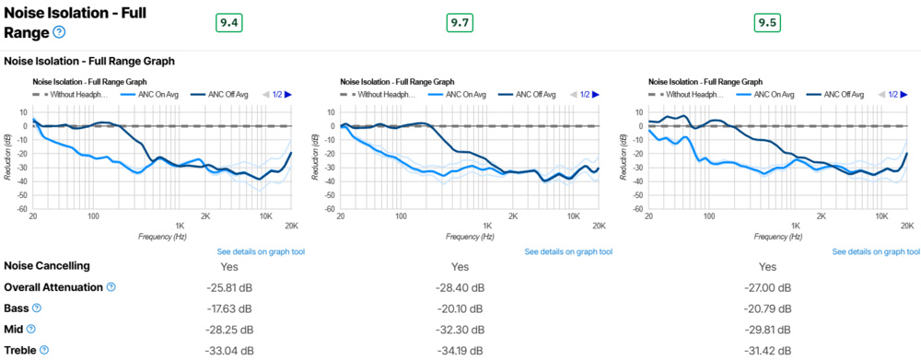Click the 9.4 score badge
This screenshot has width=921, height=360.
point(228,23)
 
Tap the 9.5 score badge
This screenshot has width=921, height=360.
point(767,23)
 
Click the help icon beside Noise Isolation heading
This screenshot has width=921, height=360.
point(59,32)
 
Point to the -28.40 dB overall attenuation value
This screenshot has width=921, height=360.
point(460,287)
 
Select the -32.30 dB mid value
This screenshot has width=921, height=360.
point(460,329)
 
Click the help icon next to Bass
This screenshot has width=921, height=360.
point(37,308)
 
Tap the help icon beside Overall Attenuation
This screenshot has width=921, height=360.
point(111,287)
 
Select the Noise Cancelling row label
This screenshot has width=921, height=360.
point(47,266)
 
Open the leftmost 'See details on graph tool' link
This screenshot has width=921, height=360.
point(261,251)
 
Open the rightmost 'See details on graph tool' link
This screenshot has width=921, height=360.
point(876,251)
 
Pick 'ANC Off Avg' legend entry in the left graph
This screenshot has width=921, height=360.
point(226,94)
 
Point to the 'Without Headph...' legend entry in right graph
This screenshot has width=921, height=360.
point(691,94)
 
